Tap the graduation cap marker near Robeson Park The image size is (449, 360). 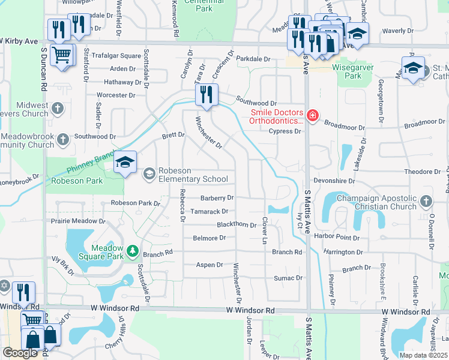click(125, 163)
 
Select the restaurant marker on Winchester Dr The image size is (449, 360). click(206, 95)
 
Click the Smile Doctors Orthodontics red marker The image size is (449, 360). click(312, 115)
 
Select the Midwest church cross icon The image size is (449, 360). click(58, 109)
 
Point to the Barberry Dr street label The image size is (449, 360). click(216, 197)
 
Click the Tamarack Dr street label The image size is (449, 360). click(209, 211)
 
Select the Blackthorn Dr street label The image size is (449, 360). click(236, 224)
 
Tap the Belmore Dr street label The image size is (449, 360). click(209, 238)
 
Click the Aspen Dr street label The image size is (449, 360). click(209, 265)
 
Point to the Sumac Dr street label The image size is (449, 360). click(288, 278)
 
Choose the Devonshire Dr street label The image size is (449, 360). click(331, 181)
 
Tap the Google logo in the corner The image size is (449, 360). click(20, 353)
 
